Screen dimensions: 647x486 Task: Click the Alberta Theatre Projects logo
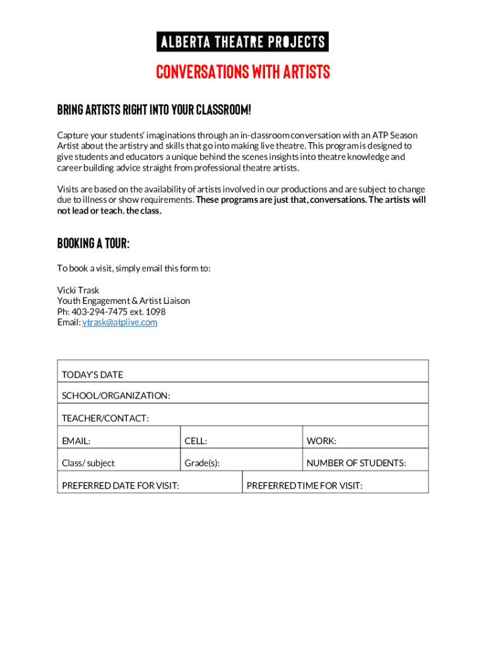point(243,42)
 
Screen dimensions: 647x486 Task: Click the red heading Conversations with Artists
point(243,73)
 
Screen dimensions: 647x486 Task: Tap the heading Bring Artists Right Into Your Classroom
point(154,110)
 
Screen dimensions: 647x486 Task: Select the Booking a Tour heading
point(93,243)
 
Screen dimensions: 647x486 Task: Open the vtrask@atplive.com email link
point(120,322)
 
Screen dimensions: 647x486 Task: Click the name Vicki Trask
point(78,290)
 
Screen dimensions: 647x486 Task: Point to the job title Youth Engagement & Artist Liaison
point(124,301)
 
